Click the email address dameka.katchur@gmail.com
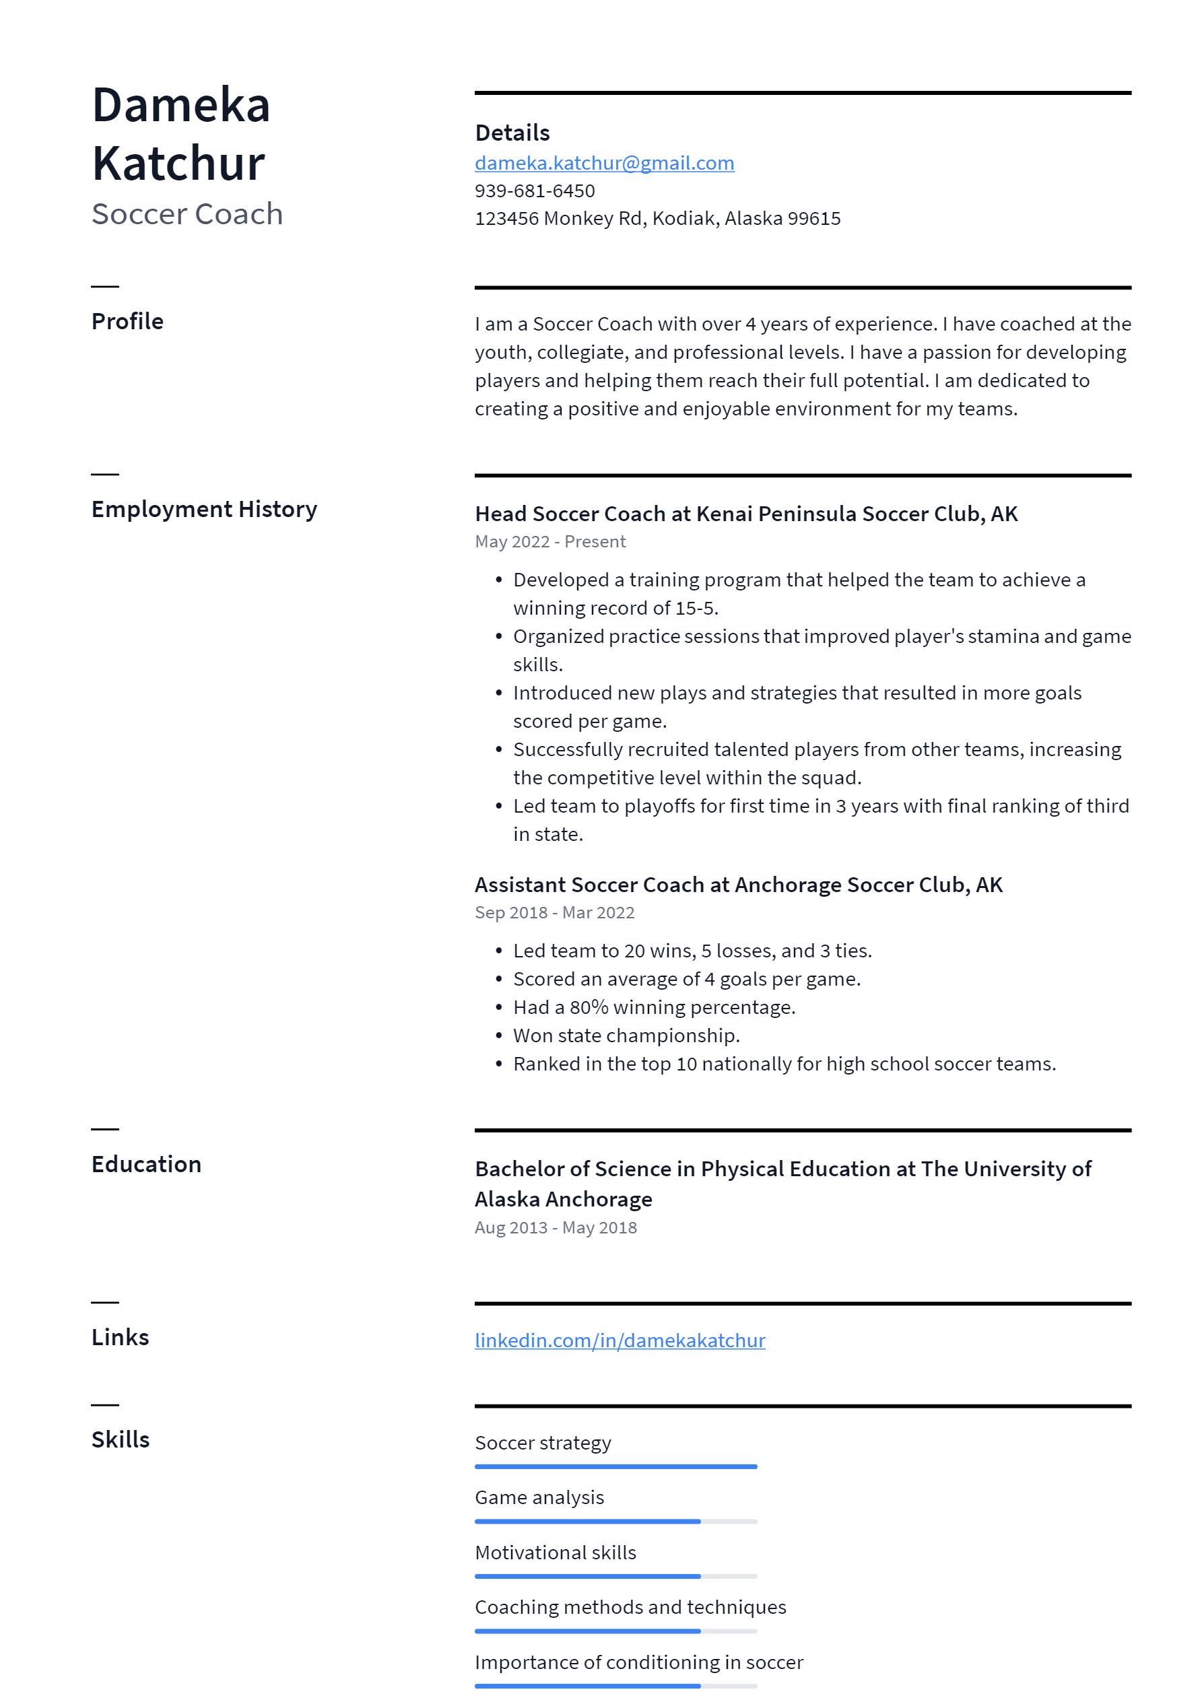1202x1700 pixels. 604,163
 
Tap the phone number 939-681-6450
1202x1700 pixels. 535,191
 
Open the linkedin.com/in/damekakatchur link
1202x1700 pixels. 620,1340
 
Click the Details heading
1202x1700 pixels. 512,133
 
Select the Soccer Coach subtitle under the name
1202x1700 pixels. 187,214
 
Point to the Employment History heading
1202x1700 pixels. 205,510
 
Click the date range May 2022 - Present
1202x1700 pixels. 550,542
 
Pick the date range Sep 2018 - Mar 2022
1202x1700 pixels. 555,913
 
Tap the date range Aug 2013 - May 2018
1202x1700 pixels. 556,1227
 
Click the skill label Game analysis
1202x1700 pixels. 539,1497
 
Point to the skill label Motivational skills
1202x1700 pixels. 556,1552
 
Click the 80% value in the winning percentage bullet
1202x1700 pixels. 589,1008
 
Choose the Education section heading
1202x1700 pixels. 147,1165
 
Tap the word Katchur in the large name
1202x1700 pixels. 178,164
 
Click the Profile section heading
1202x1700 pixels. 127,321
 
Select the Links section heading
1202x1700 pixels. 120,1337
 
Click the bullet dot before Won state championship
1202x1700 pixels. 499,1036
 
